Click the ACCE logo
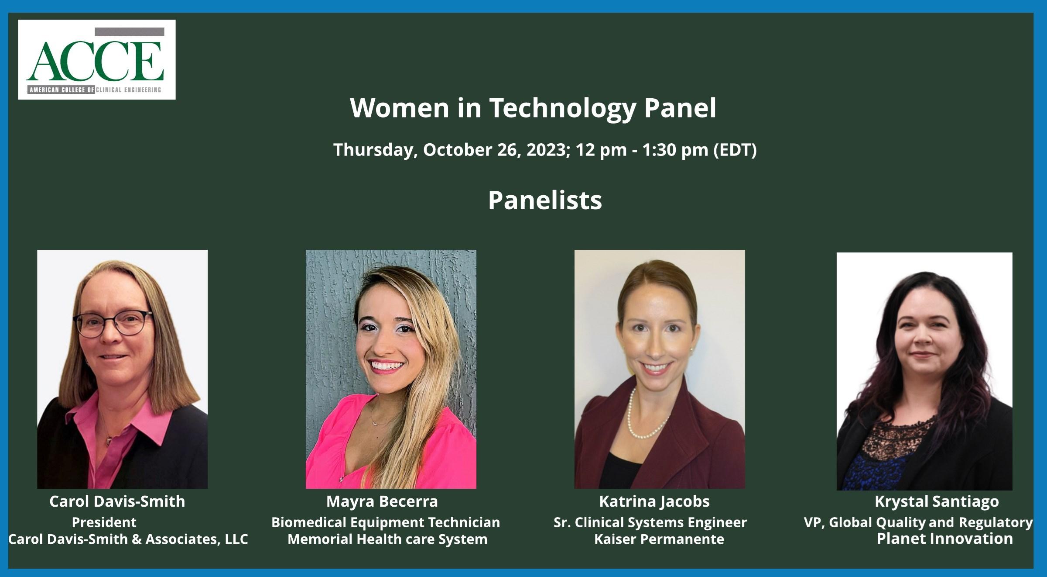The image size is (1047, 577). pos(97,59)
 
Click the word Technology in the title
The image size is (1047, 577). pos(562,108)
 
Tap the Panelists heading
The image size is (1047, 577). pos(545,200)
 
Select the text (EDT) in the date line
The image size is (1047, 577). pos(735,150)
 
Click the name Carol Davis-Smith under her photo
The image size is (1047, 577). pos(117,501)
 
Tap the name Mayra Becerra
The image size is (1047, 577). pos(382,502)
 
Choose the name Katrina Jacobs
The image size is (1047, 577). pos(654,501)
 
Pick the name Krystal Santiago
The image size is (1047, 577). pos(937,502)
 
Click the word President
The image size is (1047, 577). pos(104,522)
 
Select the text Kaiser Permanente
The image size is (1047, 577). pos(659,539)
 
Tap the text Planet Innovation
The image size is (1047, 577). pos(945,539)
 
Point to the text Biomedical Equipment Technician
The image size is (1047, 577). pos(386,522)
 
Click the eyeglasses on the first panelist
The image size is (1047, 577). pos(113,322)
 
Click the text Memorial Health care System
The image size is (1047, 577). pos(387,539)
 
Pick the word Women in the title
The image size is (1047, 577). pos(400,108)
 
